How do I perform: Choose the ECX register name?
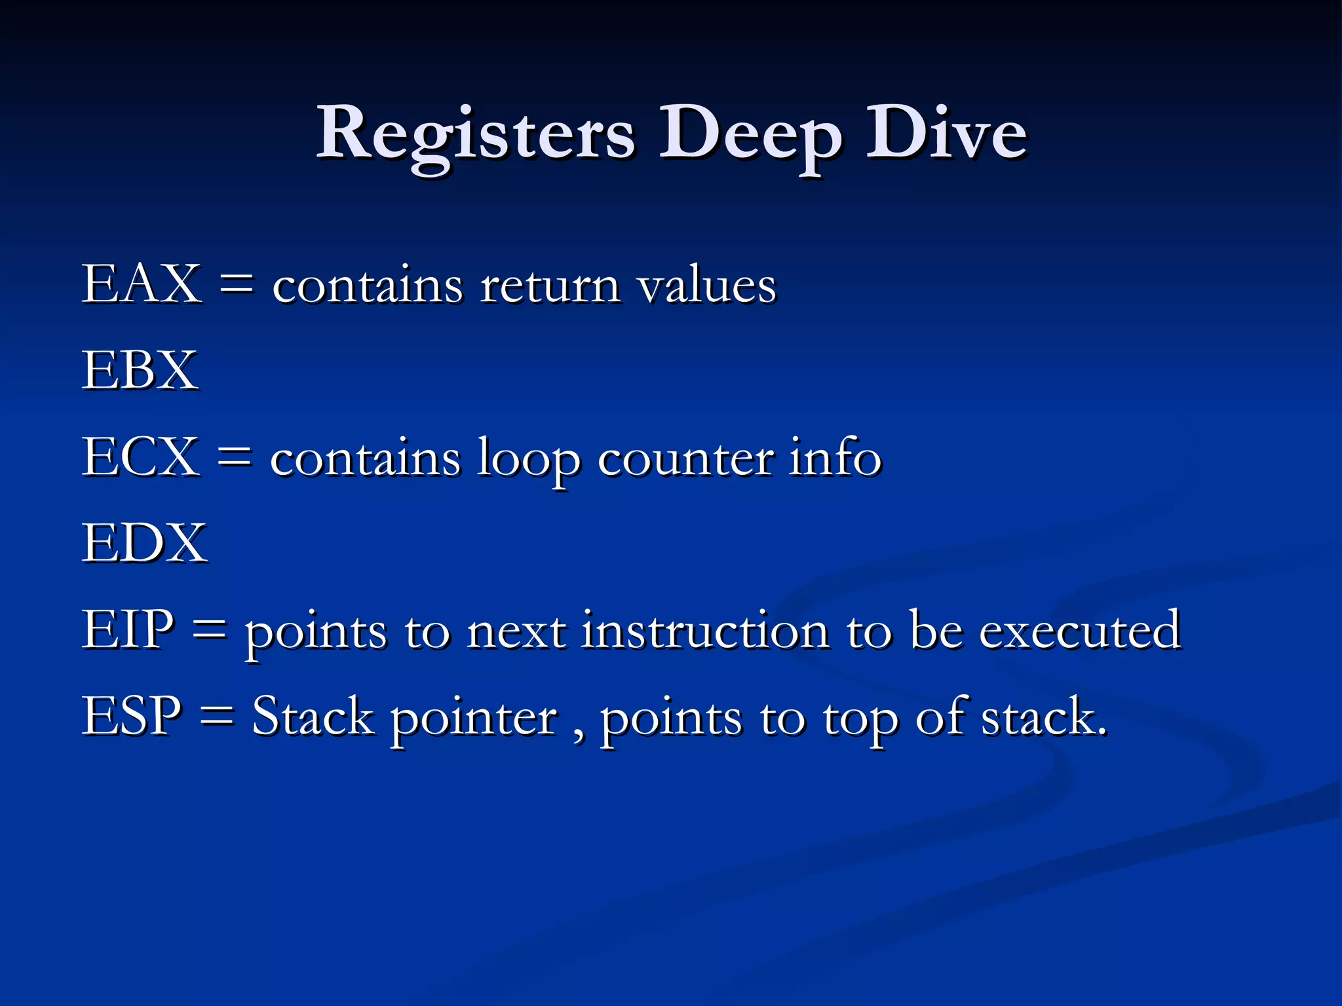click(x=140, y=456)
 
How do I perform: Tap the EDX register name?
click(x=144, y=543)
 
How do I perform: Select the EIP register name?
click(x=128, y=629)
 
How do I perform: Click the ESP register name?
click(x=132, y=716)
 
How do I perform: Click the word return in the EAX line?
click(x=550, y=286)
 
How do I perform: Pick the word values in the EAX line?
click(x=707, y=286)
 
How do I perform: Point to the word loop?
click(x=528, y=458)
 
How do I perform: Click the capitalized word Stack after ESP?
click(x=313, y=716)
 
